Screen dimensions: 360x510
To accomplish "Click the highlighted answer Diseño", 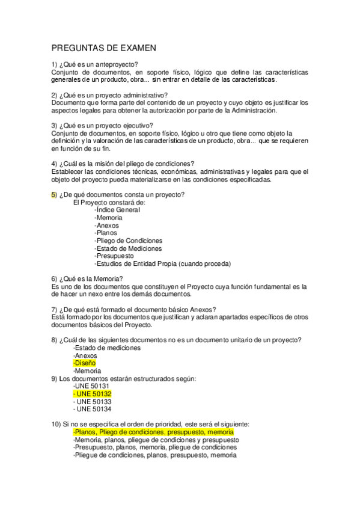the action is tap(85, 363).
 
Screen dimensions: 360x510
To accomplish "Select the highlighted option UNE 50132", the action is tap(92, 393).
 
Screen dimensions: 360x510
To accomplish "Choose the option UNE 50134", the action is tap(92, 409).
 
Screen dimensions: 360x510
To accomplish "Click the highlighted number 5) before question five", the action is tap(54, 194).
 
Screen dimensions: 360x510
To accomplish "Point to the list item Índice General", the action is tap(117, 210).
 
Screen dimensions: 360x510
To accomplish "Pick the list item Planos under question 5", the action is tap(106, 233).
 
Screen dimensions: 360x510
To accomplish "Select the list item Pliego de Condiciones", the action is tap(128, 241).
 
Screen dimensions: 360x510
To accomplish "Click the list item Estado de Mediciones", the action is tap(128, 248).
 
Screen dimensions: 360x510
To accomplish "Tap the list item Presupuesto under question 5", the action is tap(114, 256).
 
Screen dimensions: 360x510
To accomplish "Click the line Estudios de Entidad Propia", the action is tap(162, 263).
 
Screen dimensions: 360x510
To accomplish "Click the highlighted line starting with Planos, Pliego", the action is tap(153, 432).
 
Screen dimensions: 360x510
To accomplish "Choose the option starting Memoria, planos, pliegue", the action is tap(155, 440).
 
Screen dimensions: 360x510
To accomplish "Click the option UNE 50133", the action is tap(92, 401).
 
